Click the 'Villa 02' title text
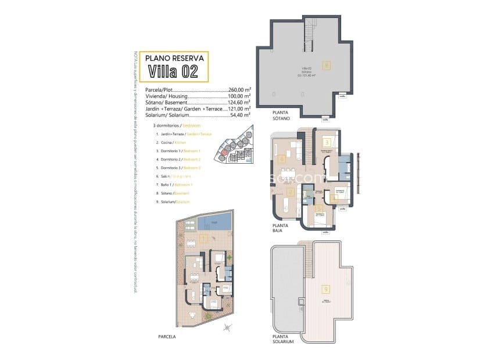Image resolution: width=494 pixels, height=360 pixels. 173,71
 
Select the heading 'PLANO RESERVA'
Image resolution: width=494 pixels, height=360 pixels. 174,57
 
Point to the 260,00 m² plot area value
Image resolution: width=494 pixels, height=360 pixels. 239,90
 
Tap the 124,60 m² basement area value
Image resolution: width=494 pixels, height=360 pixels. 239,102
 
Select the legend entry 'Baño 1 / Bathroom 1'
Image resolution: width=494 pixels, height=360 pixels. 177,184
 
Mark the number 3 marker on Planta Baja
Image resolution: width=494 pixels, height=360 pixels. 328,142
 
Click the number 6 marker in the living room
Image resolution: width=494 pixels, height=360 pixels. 281,158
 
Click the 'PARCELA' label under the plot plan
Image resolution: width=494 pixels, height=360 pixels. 166,336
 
